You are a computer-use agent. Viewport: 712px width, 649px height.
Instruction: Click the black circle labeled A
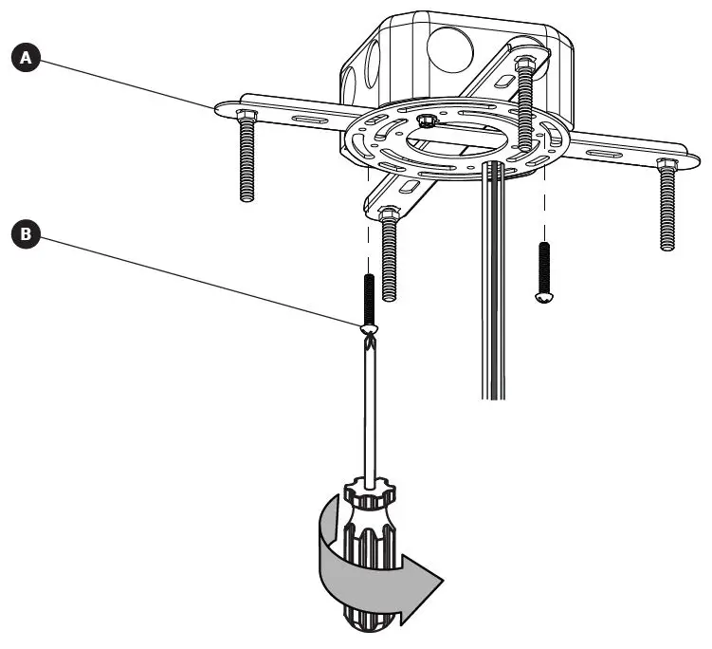point(27,59)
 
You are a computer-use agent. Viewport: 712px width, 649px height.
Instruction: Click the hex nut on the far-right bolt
point(666,165)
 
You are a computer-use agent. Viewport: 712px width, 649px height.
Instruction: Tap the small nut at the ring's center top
point(426,121)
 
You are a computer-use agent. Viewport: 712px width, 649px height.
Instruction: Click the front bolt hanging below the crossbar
point(388,256)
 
